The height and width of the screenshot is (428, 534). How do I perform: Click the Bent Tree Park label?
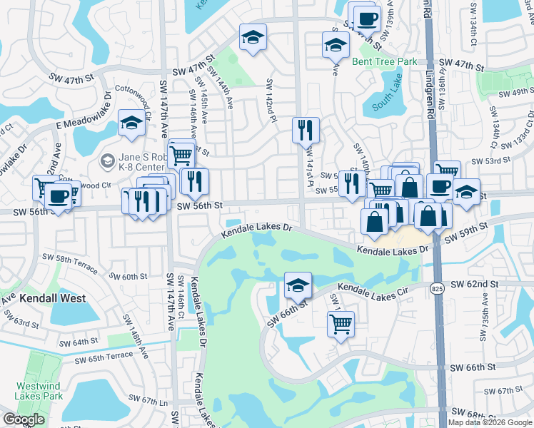(x=384, y=62)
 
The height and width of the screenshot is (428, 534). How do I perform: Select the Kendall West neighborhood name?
(x=53, y=298)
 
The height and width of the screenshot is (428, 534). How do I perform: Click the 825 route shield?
(x=438, y=288)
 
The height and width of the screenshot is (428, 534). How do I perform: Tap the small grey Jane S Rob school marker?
(x=107, y=160)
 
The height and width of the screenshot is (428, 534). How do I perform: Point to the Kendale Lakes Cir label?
(x=371, y=288)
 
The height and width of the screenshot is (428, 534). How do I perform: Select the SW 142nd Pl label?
(x=271, y=101)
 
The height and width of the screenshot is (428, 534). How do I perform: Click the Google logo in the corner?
(x=24, y=419)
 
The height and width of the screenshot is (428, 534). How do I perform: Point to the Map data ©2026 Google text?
(x=490, y=422)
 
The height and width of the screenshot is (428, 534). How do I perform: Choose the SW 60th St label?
(x=129, y=276)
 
